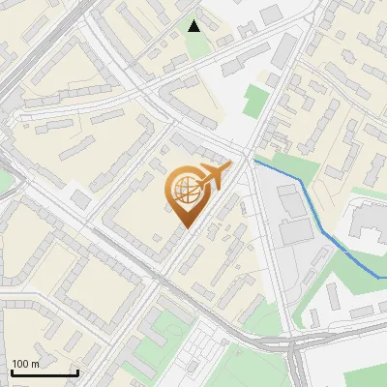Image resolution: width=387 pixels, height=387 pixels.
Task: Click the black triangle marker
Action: tap(194, 26)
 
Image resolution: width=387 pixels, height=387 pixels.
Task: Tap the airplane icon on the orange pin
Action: tap(213, 176)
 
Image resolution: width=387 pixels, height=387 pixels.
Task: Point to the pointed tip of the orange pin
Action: tap(185, 227)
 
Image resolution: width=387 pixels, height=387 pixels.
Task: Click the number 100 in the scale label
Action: tap(20, 364)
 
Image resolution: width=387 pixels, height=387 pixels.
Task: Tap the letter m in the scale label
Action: tap(36, 364)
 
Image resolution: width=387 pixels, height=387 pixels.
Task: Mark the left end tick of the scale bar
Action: tap(12, 372)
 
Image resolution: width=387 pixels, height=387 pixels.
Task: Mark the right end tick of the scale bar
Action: tap(77, 372)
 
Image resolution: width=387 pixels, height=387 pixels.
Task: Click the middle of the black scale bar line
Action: tap(45, 373)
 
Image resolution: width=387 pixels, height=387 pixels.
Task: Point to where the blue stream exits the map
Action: tap(385, 278)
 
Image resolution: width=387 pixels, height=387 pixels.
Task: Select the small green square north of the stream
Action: tap(254, 100)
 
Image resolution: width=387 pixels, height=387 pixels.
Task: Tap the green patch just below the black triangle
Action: tap(198, 44)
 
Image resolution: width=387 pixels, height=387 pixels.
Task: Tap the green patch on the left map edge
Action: tap(4, 181)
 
